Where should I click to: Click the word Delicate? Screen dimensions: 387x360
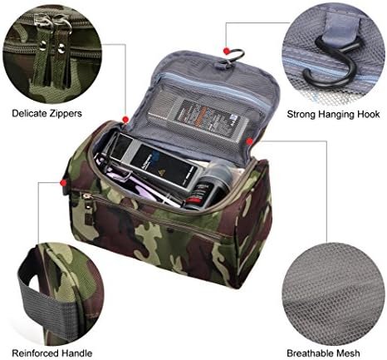click(x=29, y=113)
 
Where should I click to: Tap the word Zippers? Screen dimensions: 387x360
click(x=66, y=114)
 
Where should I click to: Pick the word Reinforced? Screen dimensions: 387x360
click(x=35, y=353)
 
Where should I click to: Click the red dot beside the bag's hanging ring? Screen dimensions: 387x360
click(x=227, y=51)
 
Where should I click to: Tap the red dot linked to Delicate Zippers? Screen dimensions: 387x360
click(x=125, y=120)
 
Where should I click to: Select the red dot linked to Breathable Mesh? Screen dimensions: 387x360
click(x=250, y=141)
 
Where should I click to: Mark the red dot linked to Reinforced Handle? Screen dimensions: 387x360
click(x=64, y=183)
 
